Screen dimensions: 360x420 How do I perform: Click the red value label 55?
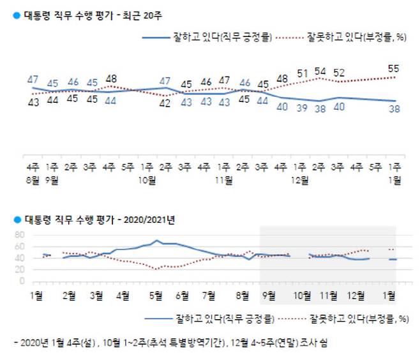tap(395, 68)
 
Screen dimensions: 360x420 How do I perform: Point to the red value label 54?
tap(320, 70)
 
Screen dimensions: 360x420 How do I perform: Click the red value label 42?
tap(165, 104)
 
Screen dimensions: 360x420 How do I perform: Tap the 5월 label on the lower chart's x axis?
tap(154, 296)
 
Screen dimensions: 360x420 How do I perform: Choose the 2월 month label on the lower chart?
tap(70, 296)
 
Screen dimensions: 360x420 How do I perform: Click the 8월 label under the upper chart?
tap(33, 181)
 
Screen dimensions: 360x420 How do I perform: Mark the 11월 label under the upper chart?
tap(223, 181)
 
